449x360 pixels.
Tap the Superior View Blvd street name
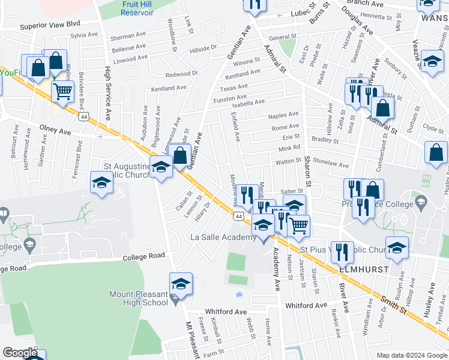coord(50,25)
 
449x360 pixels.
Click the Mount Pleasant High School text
coord(139,298)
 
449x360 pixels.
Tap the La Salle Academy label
coord(224,238)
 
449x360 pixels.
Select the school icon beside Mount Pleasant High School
coord(181,284)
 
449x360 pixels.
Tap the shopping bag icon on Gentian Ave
coord(180,156)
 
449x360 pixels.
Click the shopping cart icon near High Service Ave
coord(62,91)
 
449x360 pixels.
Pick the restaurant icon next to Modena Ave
coord(247,194)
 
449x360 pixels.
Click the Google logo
coord(20,353)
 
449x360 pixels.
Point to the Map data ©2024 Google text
coord(411,355)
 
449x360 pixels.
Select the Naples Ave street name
coord(283,115)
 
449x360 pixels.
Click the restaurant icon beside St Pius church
coord(342,252)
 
